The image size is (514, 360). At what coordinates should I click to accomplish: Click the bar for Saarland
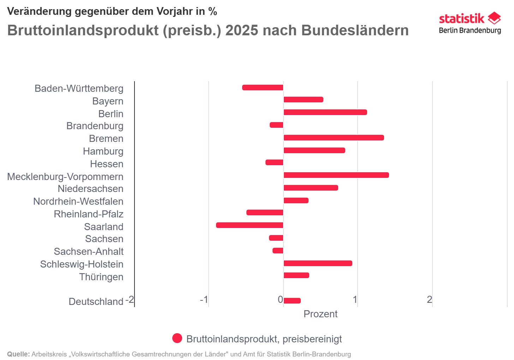click(250, 225)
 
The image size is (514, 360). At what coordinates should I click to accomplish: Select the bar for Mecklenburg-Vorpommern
click(336, 175)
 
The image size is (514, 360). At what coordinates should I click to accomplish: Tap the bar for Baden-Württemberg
click(263, 88)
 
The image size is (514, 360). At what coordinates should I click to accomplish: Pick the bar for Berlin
click(325, 112)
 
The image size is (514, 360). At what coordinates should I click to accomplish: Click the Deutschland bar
click(292, 301)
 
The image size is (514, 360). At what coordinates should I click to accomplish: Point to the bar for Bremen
click(334, 138)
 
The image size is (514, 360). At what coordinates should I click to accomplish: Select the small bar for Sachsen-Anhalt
click(278, 251)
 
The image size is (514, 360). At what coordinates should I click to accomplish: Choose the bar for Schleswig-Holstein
click(318, 263)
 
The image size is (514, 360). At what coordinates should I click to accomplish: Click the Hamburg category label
click(103, 151)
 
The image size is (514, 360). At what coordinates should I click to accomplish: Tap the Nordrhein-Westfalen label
click(78, 202)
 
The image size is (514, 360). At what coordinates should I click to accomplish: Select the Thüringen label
click(101, 277)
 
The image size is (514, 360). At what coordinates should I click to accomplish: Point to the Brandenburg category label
click(95, 126)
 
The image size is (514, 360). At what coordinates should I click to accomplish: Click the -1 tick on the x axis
click(204, 300)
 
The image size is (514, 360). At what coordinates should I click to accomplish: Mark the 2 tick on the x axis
click(429, 300)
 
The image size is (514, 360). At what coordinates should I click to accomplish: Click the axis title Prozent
click(320, 314)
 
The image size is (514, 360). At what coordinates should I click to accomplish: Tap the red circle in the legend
click(177, 338)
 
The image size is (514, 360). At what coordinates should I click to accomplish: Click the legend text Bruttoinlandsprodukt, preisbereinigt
click(264, 339)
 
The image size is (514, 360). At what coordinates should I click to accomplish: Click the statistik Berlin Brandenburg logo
click(470, 23)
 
